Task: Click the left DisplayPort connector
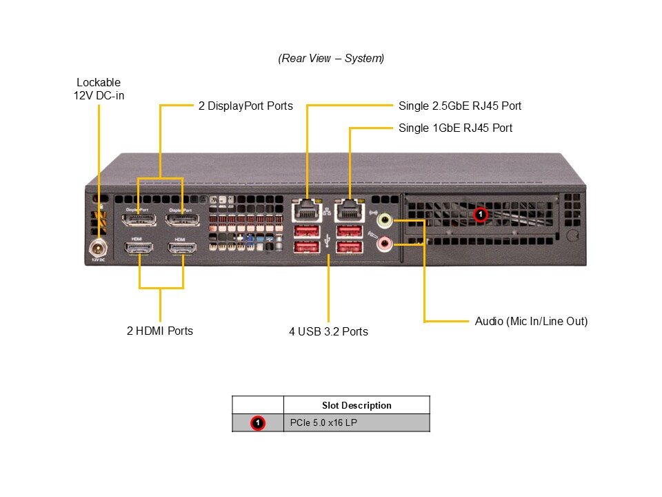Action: click(139, 220)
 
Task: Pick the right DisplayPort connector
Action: click(182, 220)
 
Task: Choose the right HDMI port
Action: click(182, 248)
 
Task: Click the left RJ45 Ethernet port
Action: click(308, 210)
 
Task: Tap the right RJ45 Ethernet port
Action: click(349, 210)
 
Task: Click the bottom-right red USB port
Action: click(349, 247)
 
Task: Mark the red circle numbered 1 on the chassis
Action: click(481, 215)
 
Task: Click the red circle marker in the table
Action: click(257, 422)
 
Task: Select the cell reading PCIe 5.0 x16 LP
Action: click(356, 422)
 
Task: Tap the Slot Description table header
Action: click(356, 405)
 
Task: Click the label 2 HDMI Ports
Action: click(160, 331)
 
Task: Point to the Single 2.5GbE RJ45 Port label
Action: click(460, 106)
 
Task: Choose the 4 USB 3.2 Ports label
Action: click(328, 331)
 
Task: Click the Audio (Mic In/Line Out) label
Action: click(531, 321)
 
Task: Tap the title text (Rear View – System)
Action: click(331, 59)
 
